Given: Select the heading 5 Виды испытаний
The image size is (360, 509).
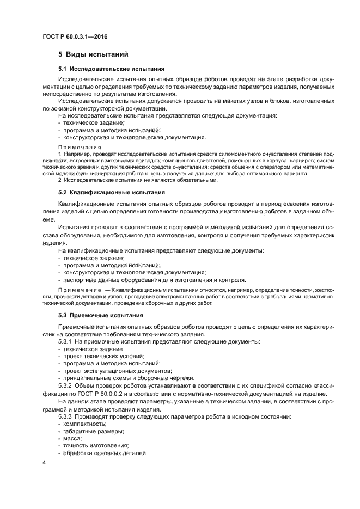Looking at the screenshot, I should pyautogui.click(x=93, y=55).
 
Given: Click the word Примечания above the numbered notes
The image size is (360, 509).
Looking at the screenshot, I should pyautogui.click(x=80, y=147).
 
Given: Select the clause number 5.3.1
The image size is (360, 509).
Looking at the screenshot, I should pyautogui.click(x=67, y=341).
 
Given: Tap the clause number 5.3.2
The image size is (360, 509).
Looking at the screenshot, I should pyautogui.click(x=67, y=385).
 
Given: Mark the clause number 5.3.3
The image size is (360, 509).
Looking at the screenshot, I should pyautogui.click(x=67, y=416).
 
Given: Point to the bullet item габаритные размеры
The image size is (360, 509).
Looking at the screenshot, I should pyautogui.click(x=93, y=431).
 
